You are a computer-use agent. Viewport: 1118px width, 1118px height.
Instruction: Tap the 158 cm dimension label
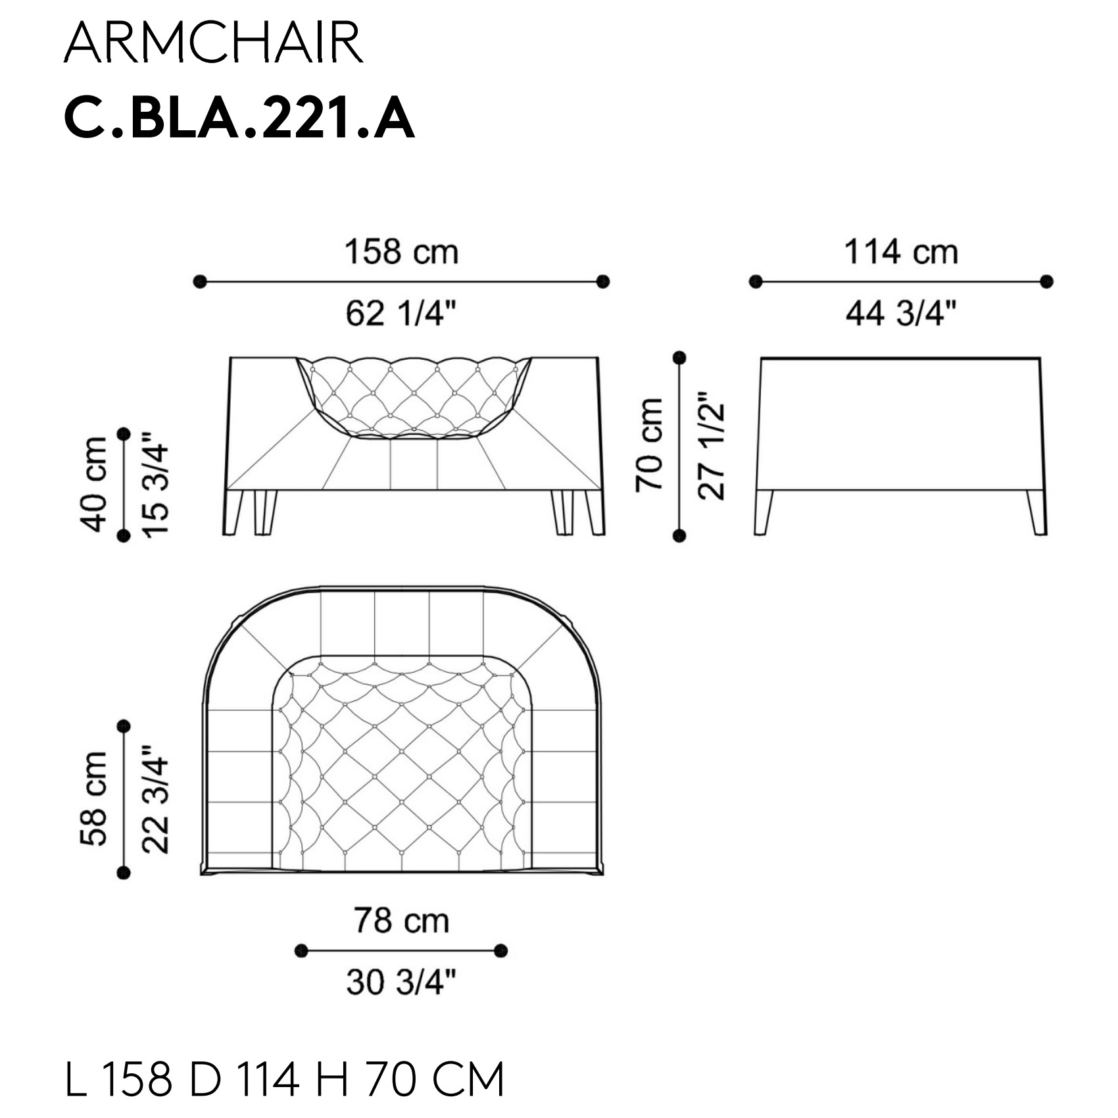pos(401,252)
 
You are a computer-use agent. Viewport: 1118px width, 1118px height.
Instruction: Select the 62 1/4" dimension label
pos(401,313)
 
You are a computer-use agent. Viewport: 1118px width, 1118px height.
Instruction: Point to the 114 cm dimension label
pos(900,252)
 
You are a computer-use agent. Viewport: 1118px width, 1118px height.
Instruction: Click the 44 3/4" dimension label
pos(900,313)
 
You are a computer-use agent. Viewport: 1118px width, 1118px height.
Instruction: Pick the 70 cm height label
pos(649,445)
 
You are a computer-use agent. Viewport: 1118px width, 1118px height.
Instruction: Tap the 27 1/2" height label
pos(711,446)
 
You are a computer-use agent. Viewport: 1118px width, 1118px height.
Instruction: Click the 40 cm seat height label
pos(93,483)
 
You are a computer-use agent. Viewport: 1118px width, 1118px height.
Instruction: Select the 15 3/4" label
pos(156,484)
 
